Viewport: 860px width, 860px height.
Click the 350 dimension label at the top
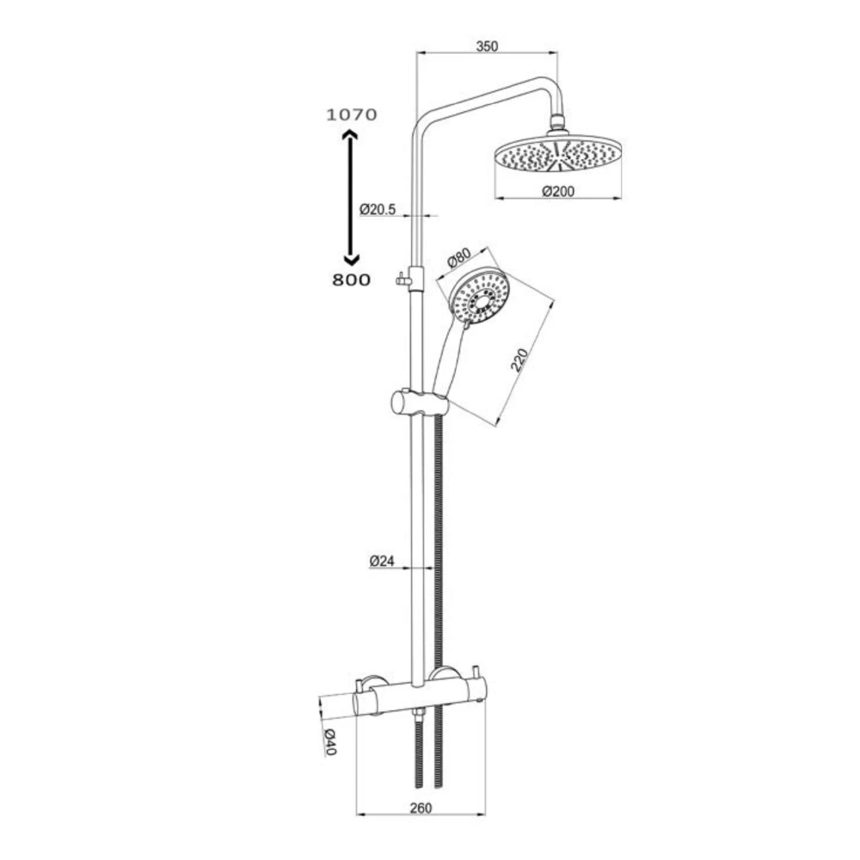(487, 46)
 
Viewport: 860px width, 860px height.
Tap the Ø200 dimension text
(558, 192)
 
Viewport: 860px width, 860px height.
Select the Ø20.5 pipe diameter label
(377, 209)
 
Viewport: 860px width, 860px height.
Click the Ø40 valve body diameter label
(329, 741)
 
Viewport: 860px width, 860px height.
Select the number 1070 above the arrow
(351, 114)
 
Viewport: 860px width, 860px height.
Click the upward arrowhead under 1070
(350, 135)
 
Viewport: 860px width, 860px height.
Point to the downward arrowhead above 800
(350, 258)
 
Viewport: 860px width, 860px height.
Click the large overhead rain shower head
(557, 156)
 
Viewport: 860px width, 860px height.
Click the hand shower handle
(449, 357)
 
